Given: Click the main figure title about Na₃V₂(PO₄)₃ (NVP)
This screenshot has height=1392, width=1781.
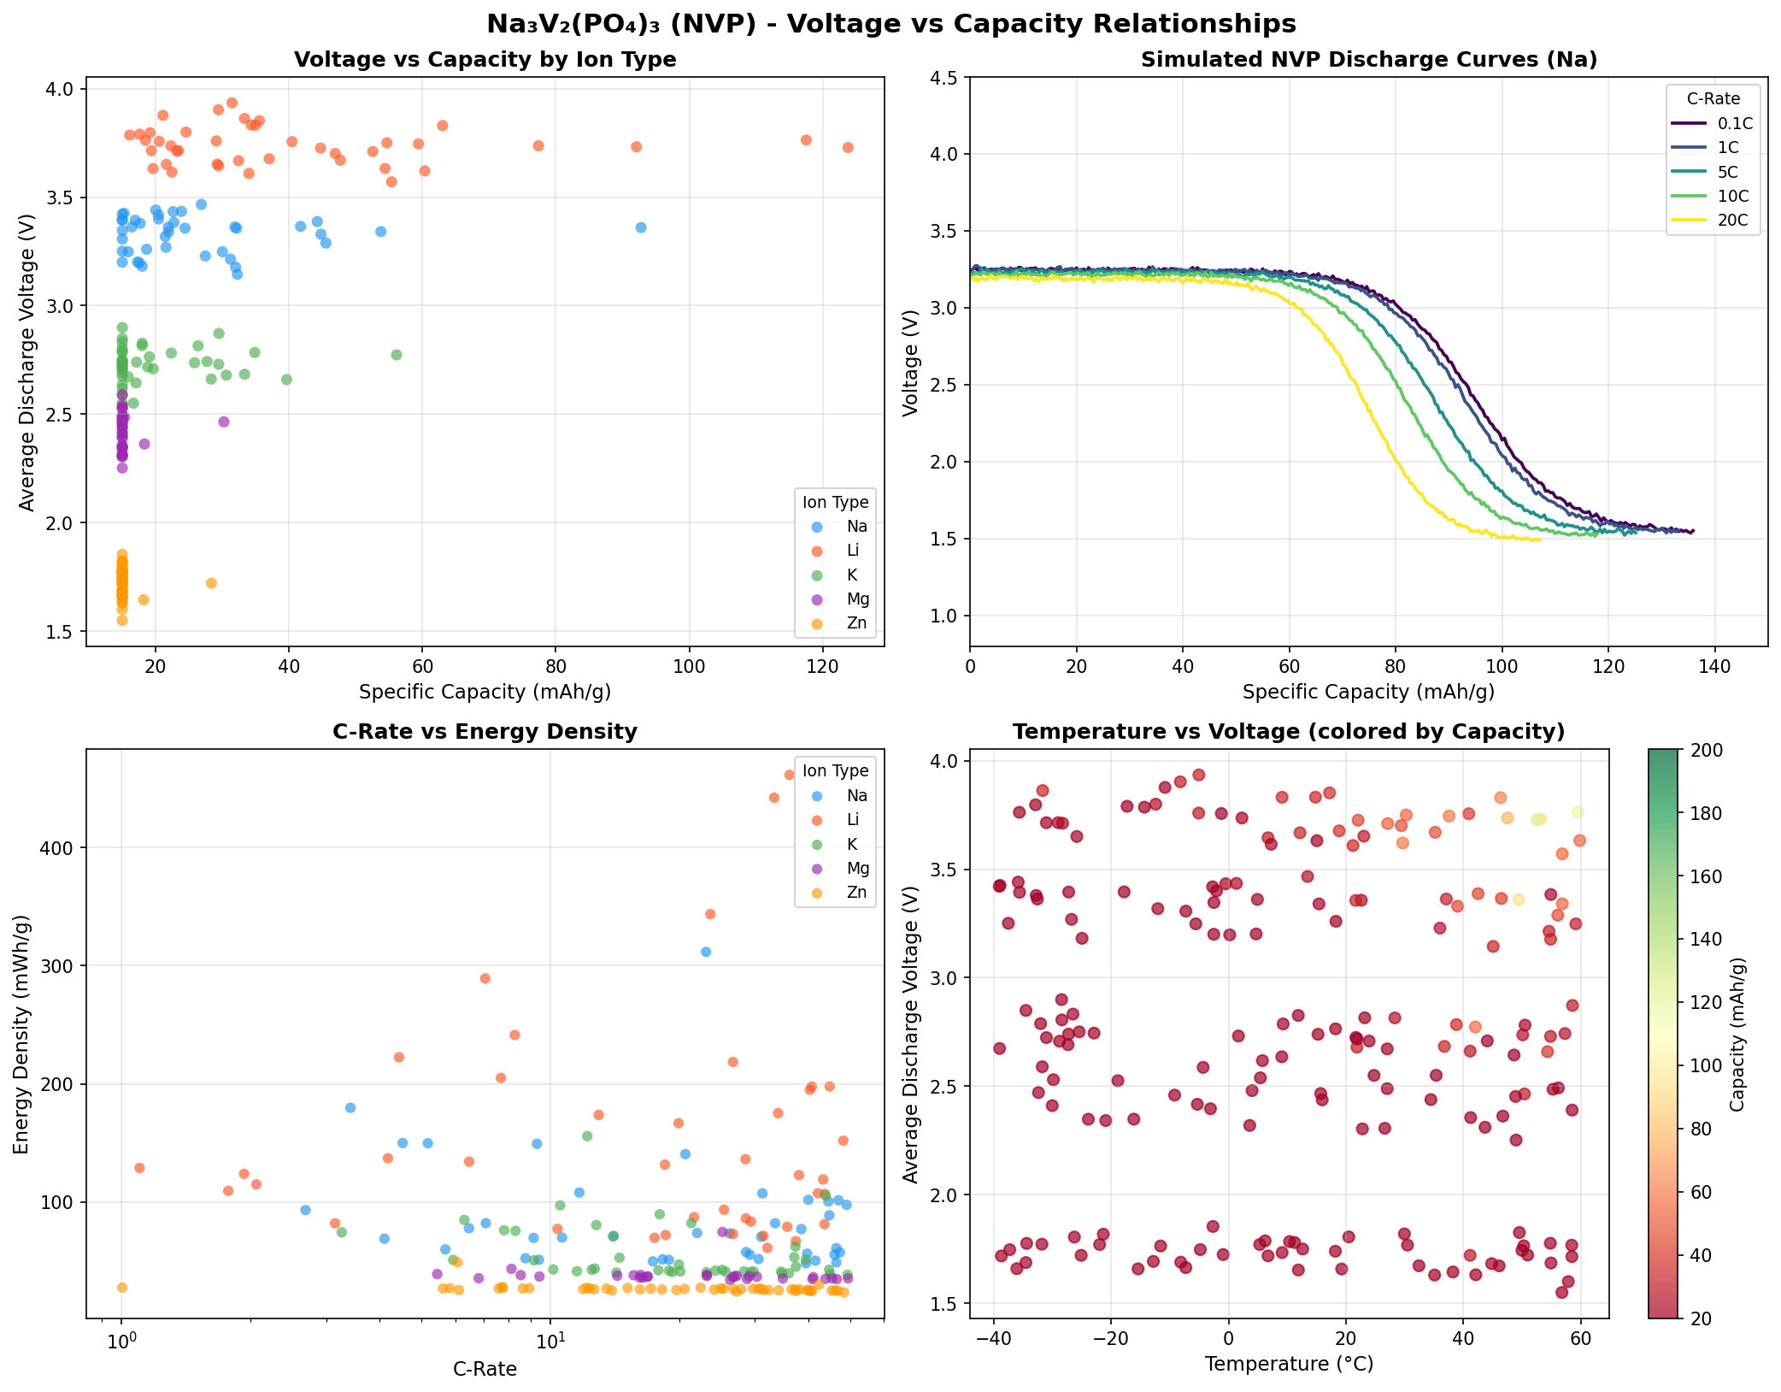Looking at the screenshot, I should (x=890, y=24).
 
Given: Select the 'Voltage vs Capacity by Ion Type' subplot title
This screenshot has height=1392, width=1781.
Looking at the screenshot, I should (x=485, y=60).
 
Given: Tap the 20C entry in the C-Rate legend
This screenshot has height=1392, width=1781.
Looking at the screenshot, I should (x=1725, y=221).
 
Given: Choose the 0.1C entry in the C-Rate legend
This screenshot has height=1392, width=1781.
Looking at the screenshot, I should (x=1729, y=123).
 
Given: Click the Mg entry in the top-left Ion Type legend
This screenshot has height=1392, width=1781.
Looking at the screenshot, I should (x=857, y=599).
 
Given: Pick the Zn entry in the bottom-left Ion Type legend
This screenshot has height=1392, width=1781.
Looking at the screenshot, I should (x=856, y=893).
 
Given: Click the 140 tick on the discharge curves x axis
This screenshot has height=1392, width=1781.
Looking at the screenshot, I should (x=1714, y=666).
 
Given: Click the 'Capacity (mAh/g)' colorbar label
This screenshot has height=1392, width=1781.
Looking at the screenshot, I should (x=1737, y=1035).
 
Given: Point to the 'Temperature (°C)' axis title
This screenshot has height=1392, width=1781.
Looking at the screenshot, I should (x=1289, y=1364).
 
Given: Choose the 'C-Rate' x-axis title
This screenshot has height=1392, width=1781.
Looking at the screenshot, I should (x=485, y=1369).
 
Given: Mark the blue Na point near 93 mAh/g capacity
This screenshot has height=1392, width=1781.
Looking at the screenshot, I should (x=641, y=227).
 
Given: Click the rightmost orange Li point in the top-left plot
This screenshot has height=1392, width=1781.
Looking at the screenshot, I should (x=848, y=148).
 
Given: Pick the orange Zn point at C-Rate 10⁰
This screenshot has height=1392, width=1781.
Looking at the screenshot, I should (x=122, y=1288).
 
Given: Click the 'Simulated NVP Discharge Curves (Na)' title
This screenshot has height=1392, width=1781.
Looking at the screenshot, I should (x=1368, y=60).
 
